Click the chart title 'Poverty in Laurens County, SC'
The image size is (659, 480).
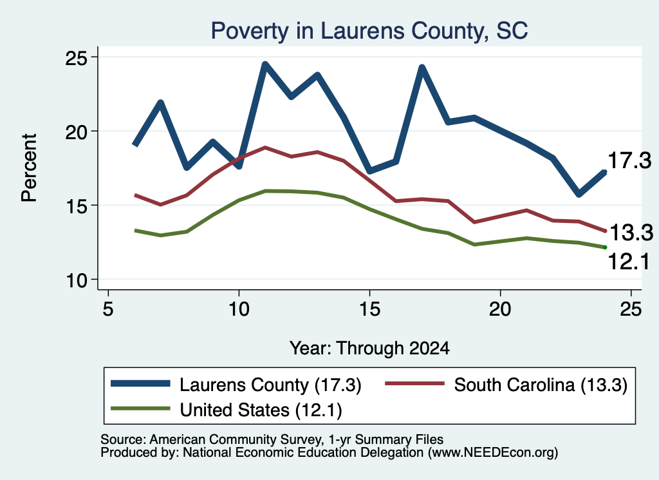pos(369,31)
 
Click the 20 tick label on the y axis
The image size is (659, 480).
pos(76,131)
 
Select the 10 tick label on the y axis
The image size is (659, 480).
pos(76,280)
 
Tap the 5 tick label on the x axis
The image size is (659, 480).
pos(108,309)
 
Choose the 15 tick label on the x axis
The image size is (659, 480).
pos(369,309)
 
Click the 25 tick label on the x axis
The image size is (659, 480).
pos(631,309)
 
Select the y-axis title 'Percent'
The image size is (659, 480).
pos(30,168)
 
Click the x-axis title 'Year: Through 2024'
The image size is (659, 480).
pos(369,349)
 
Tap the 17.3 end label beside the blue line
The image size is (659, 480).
pos(629,160)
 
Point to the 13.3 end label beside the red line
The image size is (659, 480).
pos(631,233)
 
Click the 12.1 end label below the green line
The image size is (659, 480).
pos(629,262)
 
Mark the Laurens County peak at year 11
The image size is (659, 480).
pos(265,65)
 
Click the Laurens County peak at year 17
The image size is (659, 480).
pos(422,68)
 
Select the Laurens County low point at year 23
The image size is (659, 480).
pos(579,194)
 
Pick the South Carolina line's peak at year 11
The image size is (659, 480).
pos(265,148)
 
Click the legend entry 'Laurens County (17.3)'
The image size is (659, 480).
pos(236,385)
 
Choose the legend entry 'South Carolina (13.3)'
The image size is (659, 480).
pos(506,385)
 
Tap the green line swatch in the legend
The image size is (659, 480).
pos(140,408)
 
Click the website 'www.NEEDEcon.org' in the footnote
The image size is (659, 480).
pos(493,453)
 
